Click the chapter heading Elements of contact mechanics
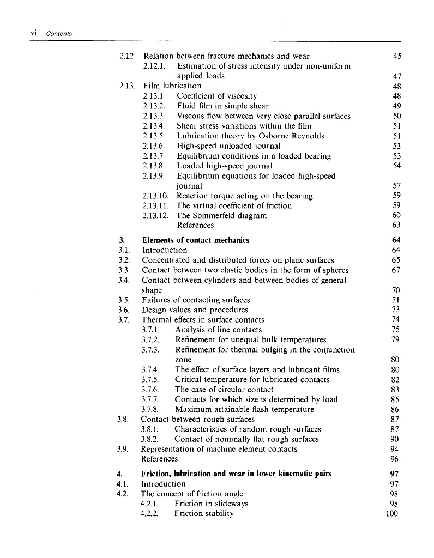tap(196, 240)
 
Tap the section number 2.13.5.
tap(154, 136)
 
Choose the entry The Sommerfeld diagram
tap(222, 215)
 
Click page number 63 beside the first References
tap(396, 225)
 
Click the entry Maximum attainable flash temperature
tap(244, 409)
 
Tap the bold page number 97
tap(396, 474)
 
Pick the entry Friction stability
tap(204, 513)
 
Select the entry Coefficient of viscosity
tap(213, 96)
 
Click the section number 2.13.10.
tap(156, 196)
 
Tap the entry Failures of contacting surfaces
tap(196, 300)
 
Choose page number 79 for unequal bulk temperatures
tap(396, 339)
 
